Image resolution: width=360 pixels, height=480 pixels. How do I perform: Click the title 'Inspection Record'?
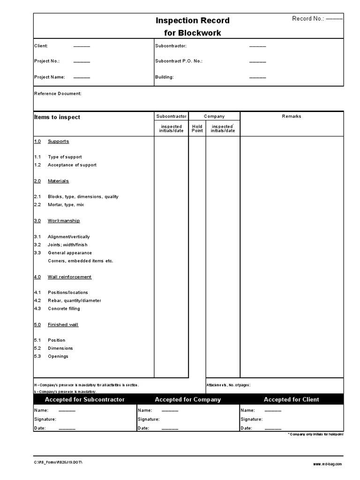coord(193,21)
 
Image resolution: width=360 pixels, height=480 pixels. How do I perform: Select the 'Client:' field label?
coord(41,46)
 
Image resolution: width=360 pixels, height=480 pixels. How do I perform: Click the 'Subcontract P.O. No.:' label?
coord(179,61)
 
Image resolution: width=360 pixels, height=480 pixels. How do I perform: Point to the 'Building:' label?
coord(164,77)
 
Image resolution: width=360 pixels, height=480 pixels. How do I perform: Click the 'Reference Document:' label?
coord(58,94)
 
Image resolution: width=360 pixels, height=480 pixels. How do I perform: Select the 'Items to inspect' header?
coord(57,117)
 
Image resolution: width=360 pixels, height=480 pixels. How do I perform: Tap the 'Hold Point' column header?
coord(197,128)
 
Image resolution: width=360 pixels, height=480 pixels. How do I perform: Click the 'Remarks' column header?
coord(292,116)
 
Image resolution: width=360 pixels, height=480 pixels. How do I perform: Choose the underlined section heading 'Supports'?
coord(58,142)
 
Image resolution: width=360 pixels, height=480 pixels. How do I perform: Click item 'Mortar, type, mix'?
coord(66,205)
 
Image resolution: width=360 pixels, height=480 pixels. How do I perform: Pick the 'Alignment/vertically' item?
coord(69,237)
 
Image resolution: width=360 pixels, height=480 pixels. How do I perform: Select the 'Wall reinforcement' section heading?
coord(69,277)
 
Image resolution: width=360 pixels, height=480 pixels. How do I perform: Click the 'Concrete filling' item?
coord(64,308)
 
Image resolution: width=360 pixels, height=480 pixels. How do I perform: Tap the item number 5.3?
coord(37,356)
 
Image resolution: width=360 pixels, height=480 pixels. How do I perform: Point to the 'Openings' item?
coord(58,356)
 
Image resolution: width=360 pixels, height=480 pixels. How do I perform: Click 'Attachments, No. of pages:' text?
coord(228,385)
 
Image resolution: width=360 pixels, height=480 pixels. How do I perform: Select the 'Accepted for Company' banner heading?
coord(187,400)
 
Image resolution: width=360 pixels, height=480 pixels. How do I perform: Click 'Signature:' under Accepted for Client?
coord(251,420)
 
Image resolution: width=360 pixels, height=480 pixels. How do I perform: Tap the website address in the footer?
coord(327,464)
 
